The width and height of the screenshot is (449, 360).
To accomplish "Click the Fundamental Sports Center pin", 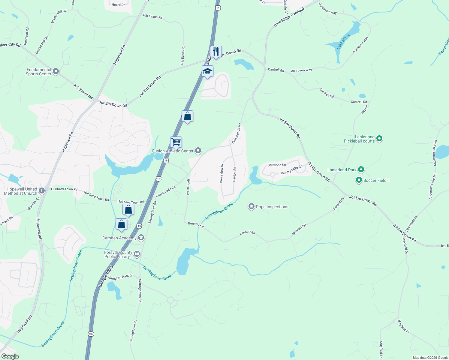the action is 56,72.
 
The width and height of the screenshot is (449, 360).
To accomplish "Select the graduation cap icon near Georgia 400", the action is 207,71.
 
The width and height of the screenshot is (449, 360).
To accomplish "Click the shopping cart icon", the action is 176,142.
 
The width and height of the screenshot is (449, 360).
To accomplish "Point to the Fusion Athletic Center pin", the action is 198,151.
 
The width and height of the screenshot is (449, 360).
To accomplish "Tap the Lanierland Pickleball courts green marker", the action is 379,139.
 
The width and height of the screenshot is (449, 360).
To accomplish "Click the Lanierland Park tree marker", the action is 361,170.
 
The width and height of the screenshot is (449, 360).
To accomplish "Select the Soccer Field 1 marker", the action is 359,180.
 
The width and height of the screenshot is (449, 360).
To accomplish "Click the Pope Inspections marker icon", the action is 251,207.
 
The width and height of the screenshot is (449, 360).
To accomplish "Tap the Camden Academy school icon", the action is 141,238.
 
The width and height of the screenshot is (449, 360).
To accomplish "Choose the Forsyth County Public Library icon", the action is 137,254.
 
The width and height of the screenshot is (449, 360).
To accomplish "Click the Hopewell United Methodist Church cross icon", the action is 42,190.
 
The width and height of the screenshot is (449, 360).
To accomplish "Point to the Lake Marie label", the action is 343,41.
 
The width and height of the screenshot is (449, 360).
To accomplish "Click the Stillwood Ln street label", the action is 277,165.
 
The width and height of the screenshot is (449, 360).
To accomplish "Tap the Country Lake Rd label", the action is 291,170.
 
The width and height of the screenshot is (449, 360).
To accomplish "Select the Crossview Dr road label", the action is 222,173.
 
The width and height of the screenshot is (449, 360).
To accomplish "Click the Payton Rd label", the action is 234,174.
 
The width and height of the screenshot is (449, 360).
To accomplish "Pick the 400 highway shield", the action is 91,334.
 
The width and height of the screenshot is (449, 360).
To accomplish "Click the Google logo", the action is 10,356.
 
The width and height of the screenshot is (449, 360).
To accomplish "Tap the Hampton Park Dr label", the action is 120,277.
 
